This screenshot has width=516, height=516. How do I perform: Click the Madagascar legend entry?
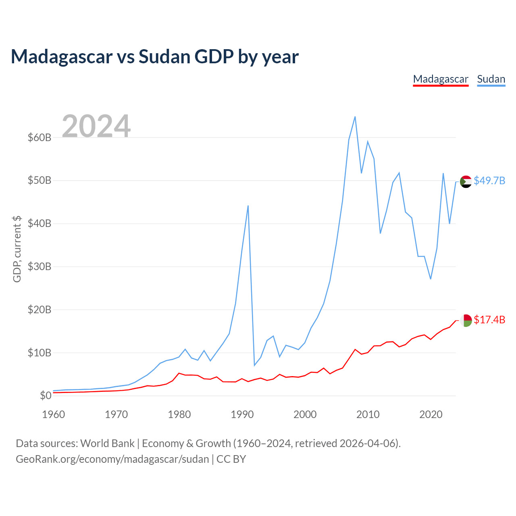(441, 79)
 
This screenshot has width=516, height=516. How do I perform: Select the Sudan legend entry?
(491, 79)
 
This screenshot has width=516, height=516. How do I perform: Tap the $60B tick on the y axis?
(40, 137)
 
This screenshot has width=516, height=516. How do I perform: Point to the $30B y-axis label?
(40, 266)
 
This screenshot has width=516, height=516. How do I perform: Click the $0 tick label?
(46, 395)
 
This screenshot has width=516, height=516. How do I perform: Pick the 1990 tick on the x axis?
(242, 414)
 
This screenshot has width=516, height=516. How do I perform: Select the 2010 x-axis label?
(368, 414)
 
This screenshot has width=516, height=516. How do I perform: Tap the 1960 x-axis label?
(54, 414)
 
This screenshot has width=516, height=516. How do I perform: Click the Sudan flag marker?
(466, 182)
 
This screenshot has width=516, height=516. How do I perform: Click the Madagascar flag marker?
(466, 320)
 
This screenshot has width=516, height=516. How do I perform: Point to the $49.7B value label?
(489, 181)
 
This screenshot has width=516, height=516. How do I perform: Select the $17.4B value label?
(489, 320)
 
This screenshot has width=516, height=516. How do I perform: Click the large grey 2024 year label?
(96, 126)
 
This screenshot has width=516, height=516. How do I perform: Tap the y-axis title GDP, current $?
(17, 249)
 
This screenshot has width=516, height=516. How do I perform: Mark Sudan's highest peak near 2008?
(355, 117)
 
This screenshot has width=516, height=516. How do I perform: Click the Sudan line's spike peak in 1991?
(248, 206)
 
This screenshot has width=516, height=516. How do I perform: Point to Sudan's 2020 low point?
(431, 279)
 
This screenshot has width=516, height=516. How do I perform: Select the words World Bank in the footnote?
(107, 443)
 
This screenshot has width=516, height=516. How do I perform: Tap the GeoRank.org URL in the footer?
(112, 459)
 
